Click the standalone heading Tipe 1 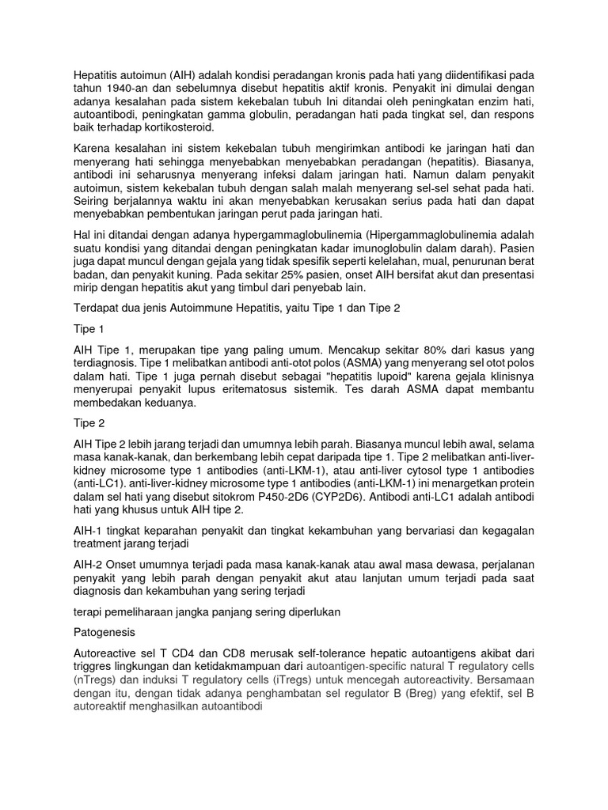[x=89, y=327]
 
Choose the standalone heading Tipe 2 [x=89, y=422]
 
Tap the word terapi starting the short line [x=87, y=612]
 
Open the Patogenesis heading [x=104, y=633]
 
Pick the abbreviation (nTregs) [x=96, y=679]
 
